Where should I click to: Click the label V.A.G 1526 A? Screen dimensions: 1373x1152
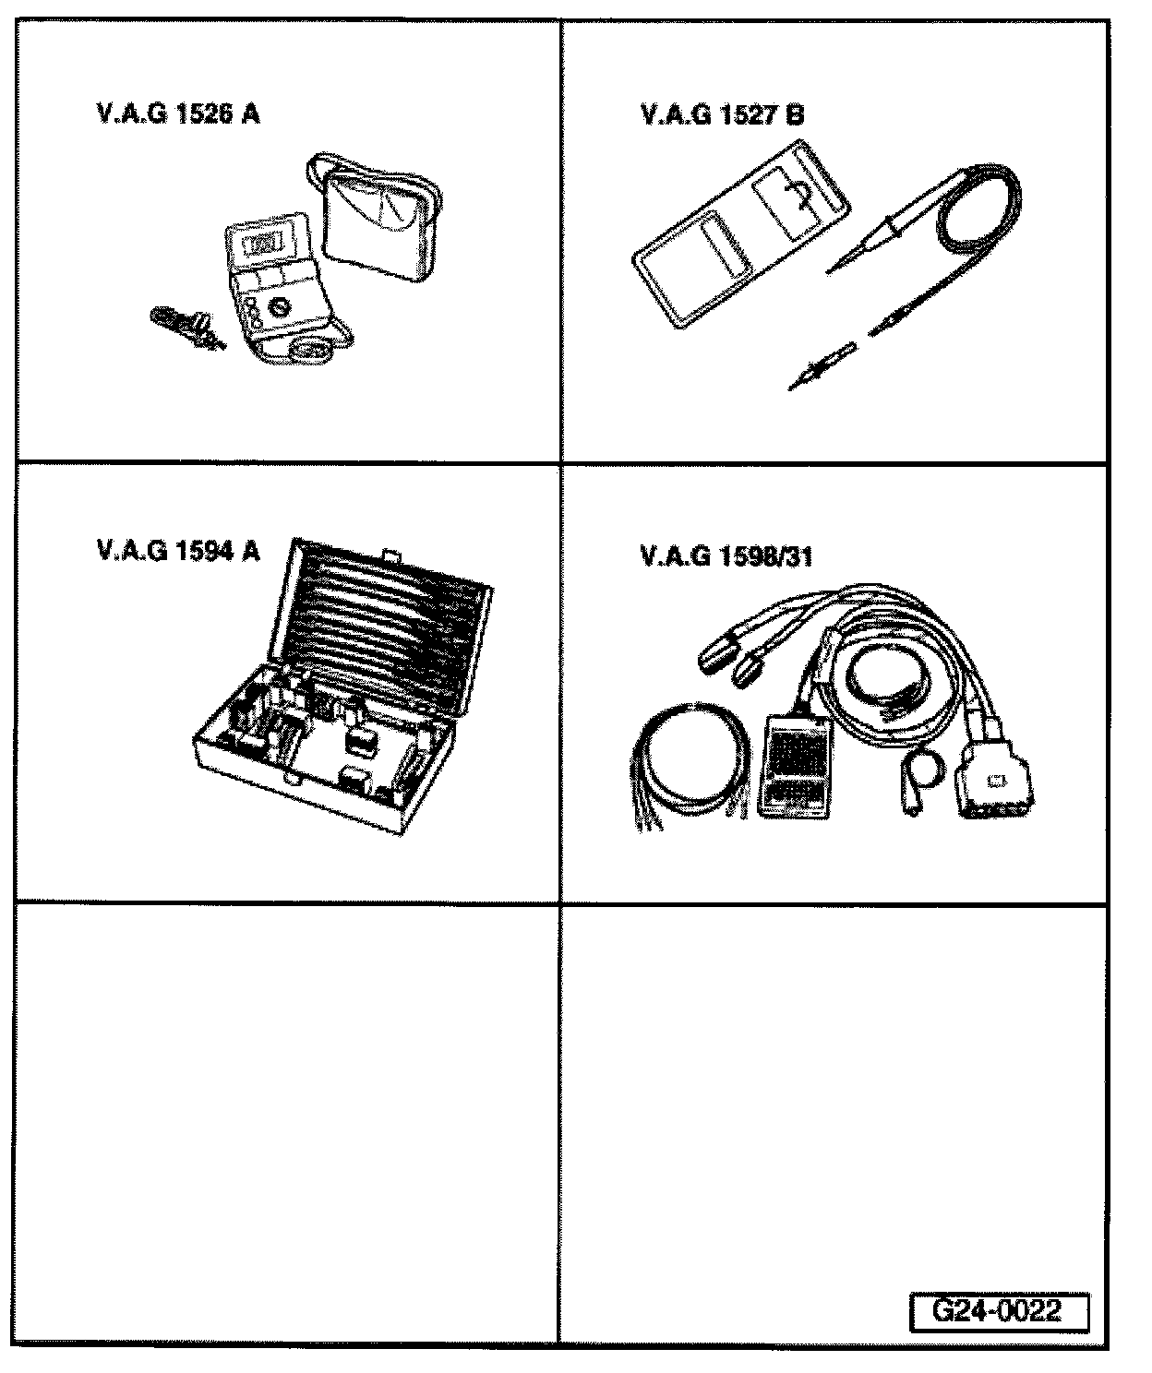[177, 114]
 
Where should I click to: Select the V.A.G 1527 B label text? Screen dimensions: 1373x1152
[721, 115]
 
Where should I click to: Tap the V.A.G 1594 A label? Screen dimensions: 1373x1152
[177, 551]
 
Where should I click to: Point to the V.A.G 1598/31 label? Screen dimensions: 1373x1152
[726, 556]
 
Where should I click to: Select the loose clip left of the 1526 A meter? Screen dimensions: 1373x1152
[185, 326]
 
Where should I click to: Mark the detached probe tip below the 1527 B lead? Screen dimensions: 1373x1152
[820, 365]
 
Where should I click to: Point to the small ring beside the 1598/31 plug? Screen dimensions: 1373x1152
[921, 765]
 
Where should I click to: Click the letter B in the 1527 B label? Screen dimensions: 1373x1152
[794, 115]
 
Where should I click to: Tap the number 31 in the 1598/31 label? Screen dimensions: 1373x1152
[798, 556]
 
